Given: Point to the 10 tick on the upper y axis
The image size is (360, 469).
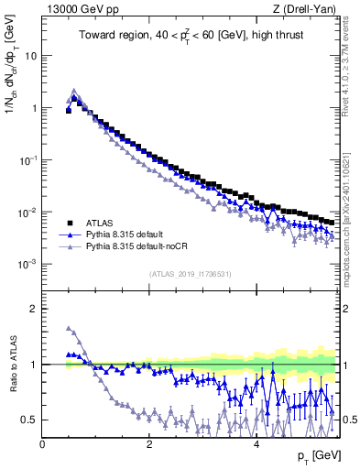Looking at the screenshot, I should [29, 56].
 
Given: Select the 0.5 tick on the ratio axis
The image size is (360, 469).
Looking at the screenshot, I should [29, 420].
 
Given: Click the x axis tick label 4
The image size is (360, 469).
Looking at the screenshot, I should [256, 444].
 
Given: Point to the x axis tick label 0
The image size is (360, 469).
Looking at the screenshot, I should [43, 444].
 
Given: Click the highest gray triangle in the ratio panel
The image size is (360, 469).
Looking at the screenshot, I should [69, 328].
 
